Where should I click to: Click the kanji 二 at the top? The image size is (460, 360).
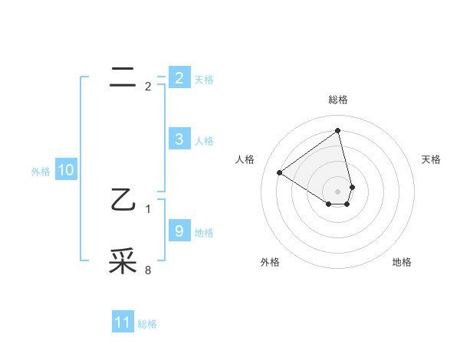click(122, 75)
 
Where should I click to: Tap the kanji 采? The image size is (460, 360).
click(122, 261)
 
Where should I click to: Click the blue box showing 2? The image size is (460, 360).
click(179, 77)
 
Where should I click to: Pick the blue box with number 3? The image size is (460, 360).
click(179, 139)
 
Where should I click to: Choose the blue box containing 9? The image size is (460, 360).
click(179, 231)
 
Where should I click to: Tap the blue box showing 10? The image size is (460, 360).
click(65, 170)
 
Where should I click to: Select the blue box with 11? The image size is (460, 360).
click(122, 322)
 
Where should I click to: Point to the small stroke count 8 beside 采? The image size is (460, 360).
click(148, 270)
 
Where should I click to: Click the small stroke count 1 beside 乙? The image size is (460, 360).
click(148, 208)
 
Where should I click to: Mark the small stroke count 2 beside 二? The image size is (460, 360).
click(148, 87)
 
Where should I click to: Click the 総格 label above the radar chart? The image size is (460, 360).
click(338, 100)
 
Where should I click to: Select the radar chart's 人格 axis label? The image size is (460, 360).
click(245, 159)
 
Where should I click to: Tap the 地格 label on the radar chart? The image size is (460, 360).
click(402, 262)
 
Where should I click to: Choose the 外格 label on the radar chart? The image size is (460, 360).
click(270, 262)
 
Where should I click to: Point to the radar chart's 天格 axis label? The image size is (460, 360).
click(431, 159)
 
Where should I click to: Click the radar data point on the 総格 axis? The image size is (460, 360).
click(338, 130)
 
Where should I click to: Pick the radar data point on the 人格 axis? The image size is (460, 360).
click(280, 172)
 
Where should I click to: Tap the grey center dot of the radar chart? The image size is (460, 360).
click(338, 191)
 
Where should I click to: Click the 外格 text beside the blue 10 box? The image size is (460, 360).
click(41, 172)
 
